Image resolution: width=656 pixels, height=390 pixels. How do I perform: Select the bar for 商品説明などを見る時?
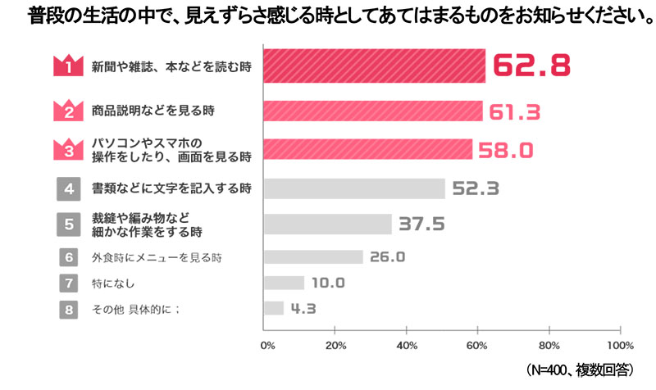[x=373, y=111]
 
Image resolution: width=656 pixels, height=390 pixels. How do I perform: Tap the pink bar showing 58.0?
[x=368, y=148]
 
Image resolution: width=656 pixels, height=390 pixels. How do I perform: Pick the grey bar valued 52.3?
[x=354, y=188]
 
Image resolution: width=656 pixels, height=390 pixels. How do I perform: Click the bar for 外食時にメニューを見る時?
[x=313, y=257]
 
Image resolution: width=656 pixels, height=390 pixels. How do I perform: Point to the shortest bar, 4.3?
[x=274, y=308]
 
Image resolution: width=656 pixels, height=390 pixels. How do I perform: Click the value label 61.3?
[x=514, y=111]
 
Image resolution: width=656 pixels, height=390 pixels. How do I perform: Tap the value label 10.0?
[x=328, y=283]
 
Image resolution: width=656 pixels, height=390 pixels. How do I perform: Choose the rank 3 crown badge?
[x=70, y=148]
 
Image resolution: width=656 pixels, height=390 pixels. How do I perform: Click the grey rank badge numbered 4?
[x=70, y=188]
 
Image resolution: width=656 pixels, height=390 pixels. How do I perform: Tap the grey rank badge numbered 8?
[x=70, y=309]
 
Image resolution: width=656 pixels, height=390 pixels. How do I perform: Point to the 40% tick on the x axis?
[x=408, y=344]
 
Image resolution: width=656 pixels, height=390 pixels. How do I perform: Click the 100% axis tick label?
[x=620, y=344]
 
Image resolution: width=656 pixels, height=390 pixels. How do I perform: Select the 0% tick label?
[x=267, y=344]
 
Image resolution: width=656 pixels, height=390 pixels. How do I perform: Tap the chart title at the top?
[x=328, y=15]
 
